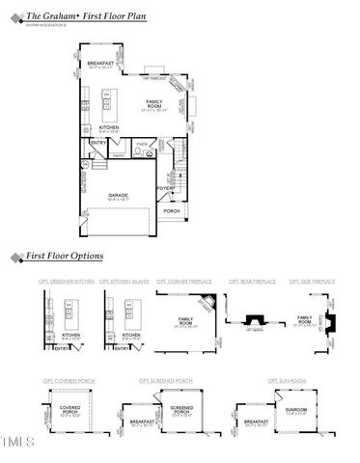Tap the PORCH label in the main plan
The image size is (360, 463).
point(172,210)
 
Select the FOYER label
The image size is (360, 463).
point(166,188)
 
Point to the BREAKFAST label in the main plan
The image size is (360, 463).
point(101,64)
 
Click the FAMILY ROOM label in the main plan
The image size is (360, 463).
point(154,102)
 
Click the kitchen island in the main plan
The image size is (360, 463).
point(110,101)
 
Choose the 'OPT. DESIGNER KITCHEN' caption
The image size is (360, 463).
point(67,281)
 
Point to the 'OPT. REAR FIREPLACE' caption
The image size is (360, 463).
point(252,281)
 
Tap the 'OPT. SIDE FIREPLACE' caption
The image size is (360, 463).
point(312,281)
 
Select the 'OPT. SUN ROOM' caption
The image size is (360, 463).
point(287,381)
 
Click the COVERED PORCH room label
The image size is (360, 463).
point(69,409)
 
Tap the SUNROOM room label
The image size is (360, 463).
point(296,410)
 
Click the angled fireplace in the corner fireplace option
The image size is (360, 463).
point(207,303)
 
